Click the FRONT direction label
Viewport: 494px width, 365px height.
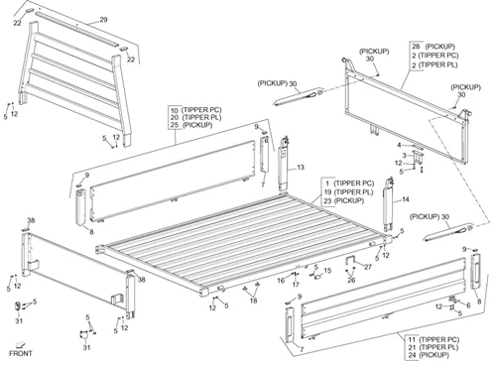[21, 353]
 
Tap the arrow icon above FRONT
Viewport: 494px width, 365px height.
[21, 344]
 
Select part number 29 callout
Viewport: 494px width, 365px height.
[103, 20]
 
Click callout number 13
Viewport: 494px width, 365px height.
[301, 168]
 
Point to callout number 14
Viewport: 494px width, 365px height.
[406, 199]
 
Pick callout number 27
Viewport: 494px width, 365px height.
[368, 267]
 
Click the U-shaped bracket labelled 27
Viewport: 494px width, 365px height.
[350, 261]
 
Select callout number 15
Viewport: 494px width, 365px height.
[327, 271]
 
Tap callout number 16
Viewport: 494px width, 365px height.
[281, 281]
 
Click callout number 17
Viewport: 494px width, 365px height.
[296, 285]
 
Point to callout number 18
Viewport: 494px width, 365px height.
[253, 301]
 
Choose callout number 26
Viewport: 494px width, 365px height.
[351, 281]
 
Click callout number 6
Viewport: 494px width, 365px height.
[468, 304]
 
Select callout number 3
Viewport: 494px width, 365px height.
[404, 156]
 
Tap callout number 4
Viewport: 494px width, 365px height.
[399, 145]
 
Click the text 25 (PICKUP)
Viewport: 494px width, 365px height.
[191, 125]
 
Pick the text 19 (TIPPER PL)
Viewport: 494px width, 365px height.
[348, 192]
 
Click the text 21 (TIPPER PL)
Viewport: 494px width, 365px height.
[433, 347]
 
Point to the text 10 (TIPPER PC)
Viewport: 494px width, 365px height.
[196, 110]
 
